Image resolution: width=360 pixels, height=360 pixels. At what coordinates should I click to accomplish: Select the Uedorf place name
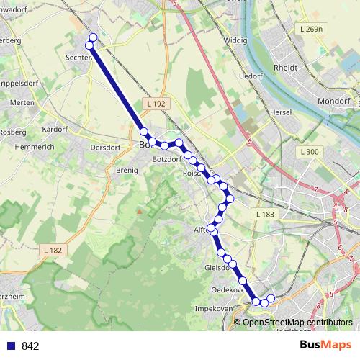pos(251,76)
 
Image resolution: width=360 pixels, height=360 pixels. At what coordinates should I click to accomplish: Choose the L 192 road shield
pos(154,104)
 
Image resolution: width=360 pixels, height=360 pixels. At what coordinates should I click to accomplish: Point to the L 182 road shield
pos(53,249)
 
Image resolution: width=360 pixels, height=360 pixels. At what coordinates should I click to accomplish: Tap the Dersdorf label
pos(105,147)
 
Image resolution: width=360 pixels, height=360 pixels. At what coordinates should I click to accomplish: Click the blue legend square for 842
pos(9,346)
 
